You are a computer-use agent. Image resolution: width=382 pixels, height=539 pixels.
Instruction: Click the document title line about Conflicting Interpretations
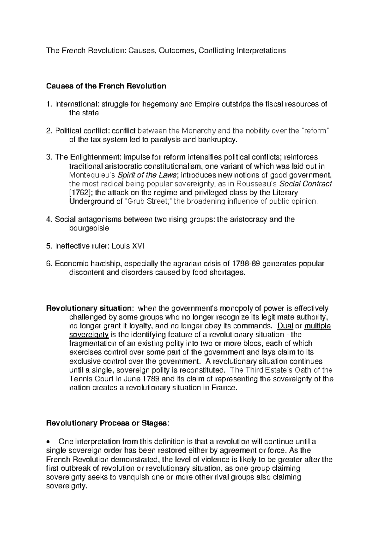166,51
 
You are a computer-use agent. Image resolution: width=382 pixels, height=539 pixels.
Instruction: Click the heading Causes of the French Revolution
106,86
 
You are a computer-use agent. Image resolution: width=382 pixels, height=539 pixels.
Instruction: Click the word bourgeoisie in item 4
89,228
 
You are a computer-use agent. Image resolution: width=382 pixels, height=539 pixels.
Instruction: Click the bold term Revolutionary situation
88,308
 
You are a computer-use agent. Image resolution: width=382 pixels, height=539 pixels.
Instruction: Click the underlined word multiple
317,326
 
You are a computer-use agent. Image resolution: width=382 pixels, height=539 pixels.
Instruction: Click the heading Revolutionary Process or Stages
107,423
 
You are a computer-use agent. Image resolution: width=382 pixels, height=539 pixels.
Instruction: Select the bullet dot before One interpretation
48,442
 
